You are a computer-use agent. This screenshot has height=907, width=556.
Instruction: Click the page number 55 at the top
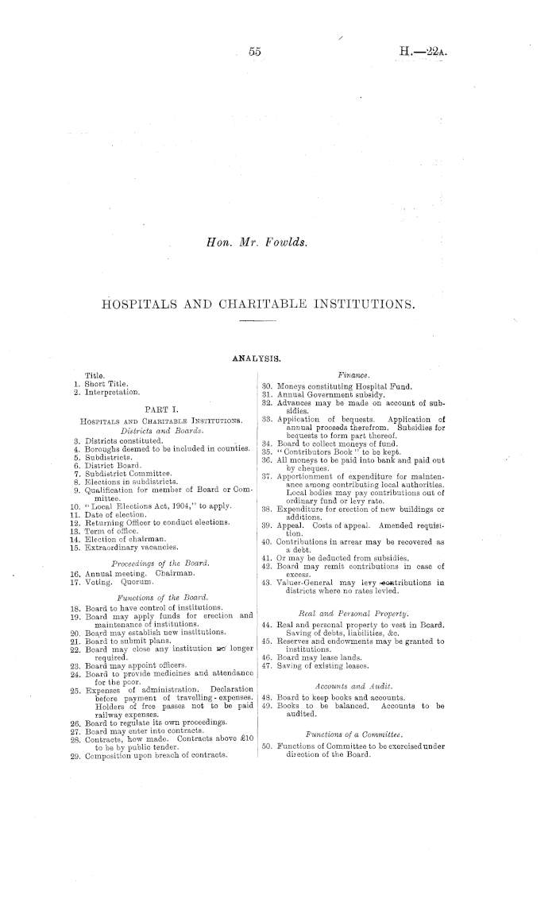[255, 52]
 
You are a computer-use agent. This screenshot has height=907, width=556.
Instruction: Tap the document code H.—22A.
[427, 52]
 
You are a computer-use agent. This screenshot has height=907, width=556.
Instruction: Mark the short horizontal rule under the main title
[255, 321]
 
